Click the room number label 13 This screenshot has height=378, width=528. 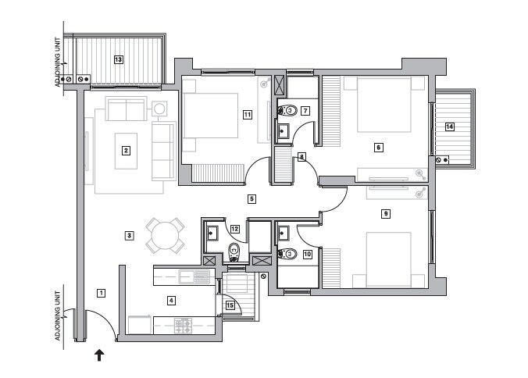pyautogui.click(x=119, y=59)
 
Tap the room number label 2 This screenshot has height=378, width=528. pyautogui.click(x=125, y=151)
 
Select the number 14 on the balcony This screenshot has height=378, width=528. pyautogui.click(x=449, y=126)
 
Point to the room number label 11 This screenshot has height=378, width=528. pyautogui.click(x=247, y=115)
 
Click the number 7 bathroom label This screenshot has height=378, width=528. pyautogui.click(x=306, y=111)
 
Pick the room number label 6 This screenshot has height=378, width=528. pyautogui.click(x=378, y=147)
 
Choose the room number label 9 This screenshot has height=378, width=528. pyautogui.click(x=385, y=213)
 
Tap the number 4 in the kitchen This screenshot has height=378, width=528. pyautogui.click(x=171, y=299)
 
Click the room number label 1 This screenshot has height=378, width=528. pyautogui.click(x=101, y=293)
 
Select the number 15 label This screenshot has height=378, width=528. pyautogui.click(x=230, y=305)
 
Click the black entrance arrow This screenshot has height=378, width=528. pyautogui.click(x=99, y=355)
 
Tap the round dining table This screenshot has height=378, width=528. pyautogui.click(x=166, y=234)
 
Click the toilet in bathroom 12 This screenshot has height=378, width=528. pyautogui.click(x=234, y=251)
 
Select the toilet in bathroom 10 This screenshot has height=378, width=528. pyautogui.click(x=287, y=253)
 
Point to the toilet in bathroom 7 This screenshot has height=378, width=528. pyautogui.click(x=287, y=111)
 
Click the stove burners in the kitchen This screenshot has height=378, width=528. pyautogui.click(x=184, y=326)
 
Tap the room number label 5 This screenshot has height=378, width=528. pyautogui.click(x=252, y=199)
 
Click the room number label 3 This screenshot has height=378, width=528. pyautogui.click(x=130, y=235)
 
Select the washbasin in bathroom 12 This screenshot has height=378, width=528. pyautogui.click(x=212, y=232)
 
